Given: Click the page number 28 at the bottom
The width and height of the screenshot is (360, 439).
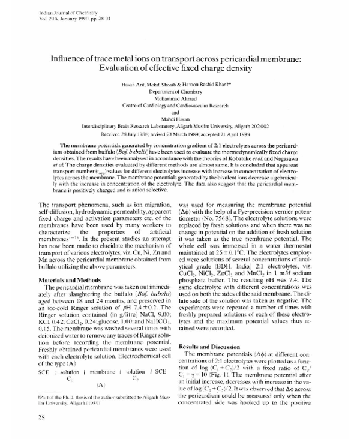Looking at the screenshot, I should tap(41, 417).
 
